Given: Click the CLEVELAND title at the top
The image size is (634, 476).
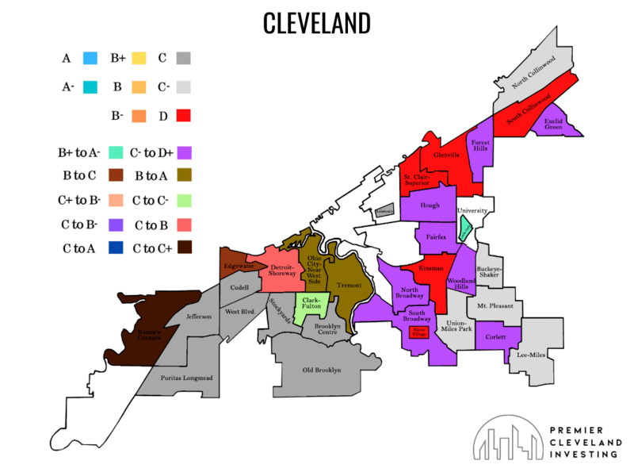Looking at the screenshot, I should tap(316, 23).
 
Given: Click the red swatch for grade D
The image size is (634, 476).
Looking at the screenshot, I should tap(182, 115).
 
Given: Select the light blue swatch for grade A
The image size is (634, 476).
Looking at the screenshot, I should tap(90, 58).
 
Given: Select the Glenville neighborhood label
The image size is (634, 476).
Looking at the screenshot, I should tap(446, 155).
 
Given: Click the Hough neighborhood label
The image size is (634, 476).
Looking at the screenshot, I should tap(430, 205).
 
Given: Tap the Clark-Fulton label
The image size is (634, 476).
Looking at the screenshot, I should tap(311, 305).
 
